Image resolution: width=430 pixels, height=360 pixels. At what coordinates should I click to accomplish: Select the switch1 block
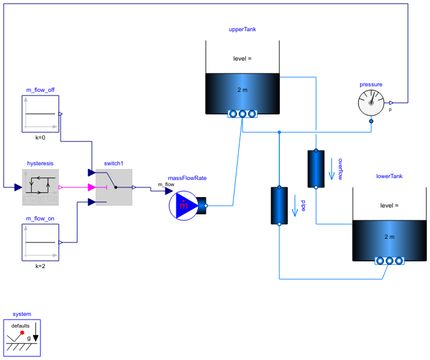click(114, 187)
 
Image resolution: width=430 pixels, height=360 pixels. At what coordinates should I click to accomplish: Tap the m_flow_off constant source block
click(40, 113)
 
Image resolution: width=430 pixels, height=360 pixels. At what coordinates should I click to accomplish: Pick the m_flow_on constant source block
click(40, 242)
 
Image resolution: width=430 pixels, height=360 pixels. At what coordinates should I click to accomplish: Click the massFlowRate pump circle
click(184, 206)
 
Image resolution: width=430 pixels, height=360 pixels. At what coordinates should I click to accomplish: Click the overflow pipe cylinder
click(315, 168)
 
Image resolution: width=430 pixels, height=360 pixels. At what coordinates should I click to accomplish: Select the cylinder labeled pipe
click(279, 206)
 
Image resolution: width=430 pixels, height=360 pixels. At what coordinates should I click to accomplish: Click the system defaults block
click(23, 337)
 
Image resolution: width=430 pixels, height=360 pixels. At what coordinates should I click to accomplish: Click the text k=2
click(40, 267)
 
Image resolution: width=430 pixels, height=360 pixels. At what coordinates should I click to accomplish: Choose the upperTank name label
click(242, 29)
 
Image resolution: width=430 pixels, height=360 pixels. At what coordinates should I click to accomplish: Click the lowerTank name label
click(390, 176)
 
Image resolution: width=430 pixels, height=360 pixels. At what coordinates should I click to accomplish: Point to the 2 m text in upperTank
click(243, 90)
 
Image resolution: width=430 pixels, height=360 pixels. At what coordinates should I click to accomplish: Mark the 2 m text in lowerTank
click(390, 237)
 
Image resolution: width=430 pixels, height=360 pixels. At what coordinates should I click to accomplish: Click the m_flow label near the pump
click(166, 184)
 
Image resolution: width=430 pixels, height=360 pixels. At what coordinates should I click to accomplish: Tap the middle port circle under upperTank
click(243, 114)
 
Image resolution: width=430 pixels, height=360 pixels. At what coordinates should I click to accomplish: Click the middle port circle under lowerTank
click(390, 261)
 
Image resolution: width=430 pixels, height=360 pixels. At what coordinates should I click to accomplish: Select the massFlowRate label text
click(187, 178)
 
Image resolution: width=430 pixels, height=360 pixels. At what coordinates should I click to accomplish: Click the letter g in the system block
click(28, 338)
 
